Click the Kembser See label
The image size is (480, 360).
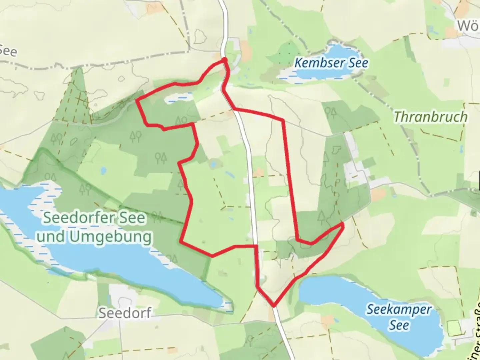(331, 63)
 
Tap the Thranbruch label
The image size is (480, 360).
(430, 117)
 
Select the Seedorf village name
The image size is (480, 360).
(125, 313)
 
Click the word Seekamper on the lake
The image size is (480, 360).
(399, 310)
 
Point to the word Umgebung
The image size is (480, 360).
(111, 237)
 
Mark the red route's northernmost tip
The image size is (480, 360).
(225, 59)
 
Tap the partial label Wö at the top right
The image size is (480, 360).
(468, 26)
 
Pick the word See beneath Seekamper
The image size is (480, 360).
(399, 325)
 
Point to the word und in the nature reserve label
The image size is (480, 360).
(52, 237)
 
